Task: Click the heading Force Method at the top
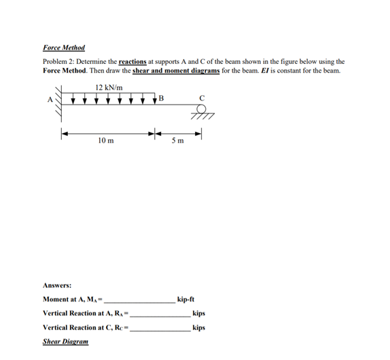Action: [x=64, y=48]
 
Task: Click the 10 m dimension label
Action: [x=106, y=141]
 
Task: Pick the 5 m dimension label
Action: [x=178, y=141]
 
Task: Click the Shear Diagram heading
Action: [x=65, y=342]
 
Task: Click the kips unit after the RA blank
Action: [x=199, y=314]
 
